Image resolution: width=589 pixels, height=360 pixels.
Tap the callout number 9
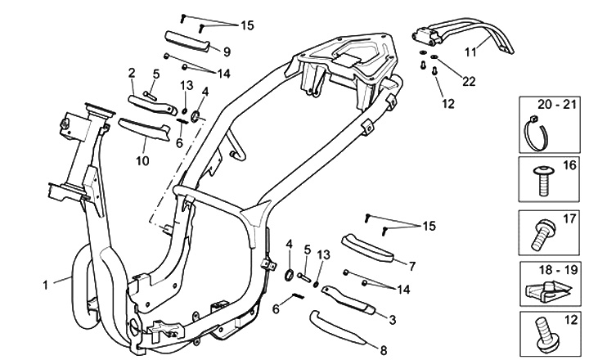coord(227,52)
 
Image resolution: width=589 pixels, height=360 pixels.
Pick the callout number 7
coord(411,266)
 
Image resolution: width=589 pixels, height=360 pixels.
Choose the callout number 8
coord(384,338)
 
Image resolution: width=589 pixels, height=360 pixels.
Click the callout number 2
coord(132,74)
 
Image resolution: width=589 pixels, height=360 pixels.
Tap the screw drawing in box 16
coord(541,182)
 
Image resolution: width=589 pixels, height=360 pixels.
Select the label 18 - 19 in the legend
coord(551,267)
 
